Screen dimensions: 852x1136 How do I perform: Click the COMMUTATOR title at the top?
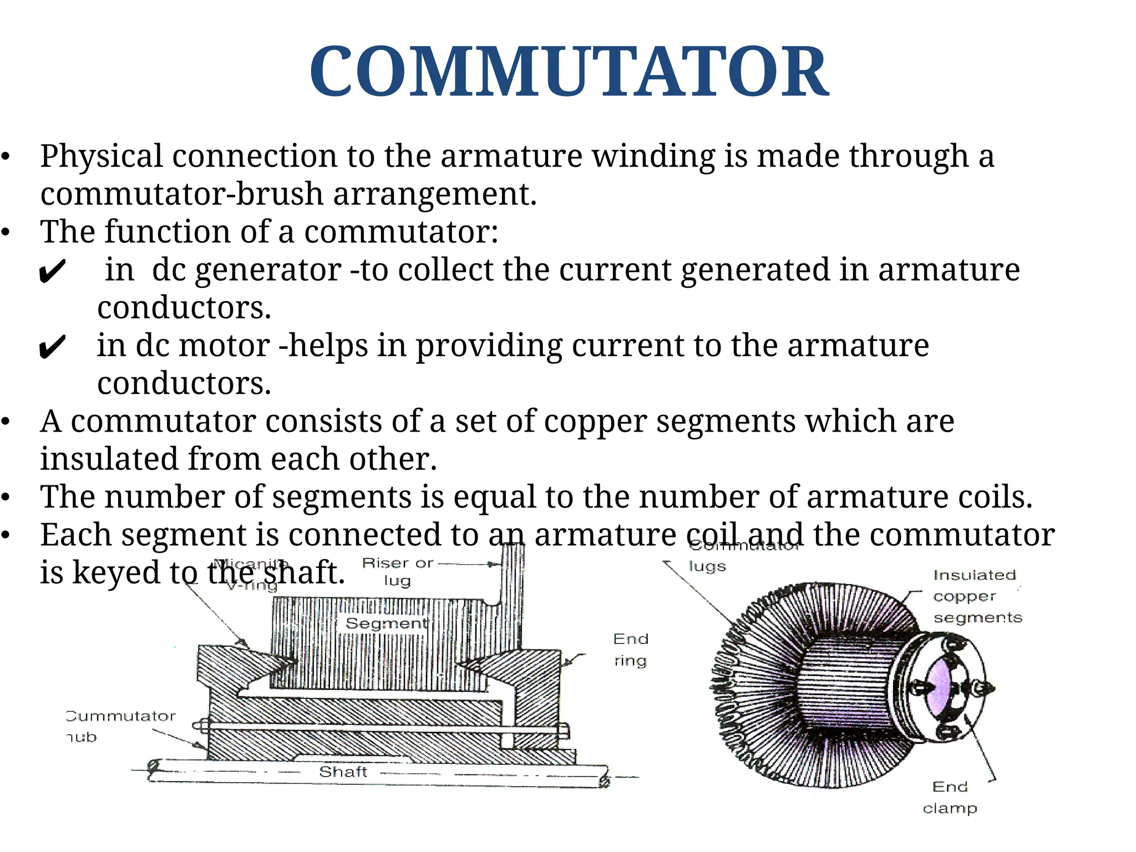[569, 71]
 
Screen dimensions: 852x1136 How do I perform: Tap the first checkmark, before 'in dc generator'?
[53, 272]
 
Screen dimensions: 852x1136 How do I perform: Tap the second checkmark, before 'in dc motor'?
[53, 348]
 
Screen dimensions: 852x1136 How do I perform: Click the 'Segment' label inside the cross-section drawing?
[387, 623]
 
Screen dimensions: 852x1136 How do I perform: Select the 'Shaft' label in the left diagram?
[343, 772]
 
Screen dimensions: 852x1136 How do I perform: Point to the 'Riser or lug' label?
[397, 571]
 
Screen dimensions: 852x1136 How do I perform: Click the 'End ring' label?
[631, 650]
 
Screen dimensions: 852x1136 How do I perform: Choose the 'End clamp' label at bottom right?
[950, 797]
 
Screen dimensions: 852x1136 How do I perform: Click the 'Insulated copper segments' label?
[977, 596]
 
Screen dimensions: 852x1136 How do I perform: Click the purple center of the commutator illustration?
[939, 688]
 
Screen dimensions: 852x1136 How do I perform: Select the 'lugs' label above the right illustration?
[707, 566]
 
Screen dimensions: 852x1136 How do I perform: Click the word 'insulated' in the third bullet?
[109, 459]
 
